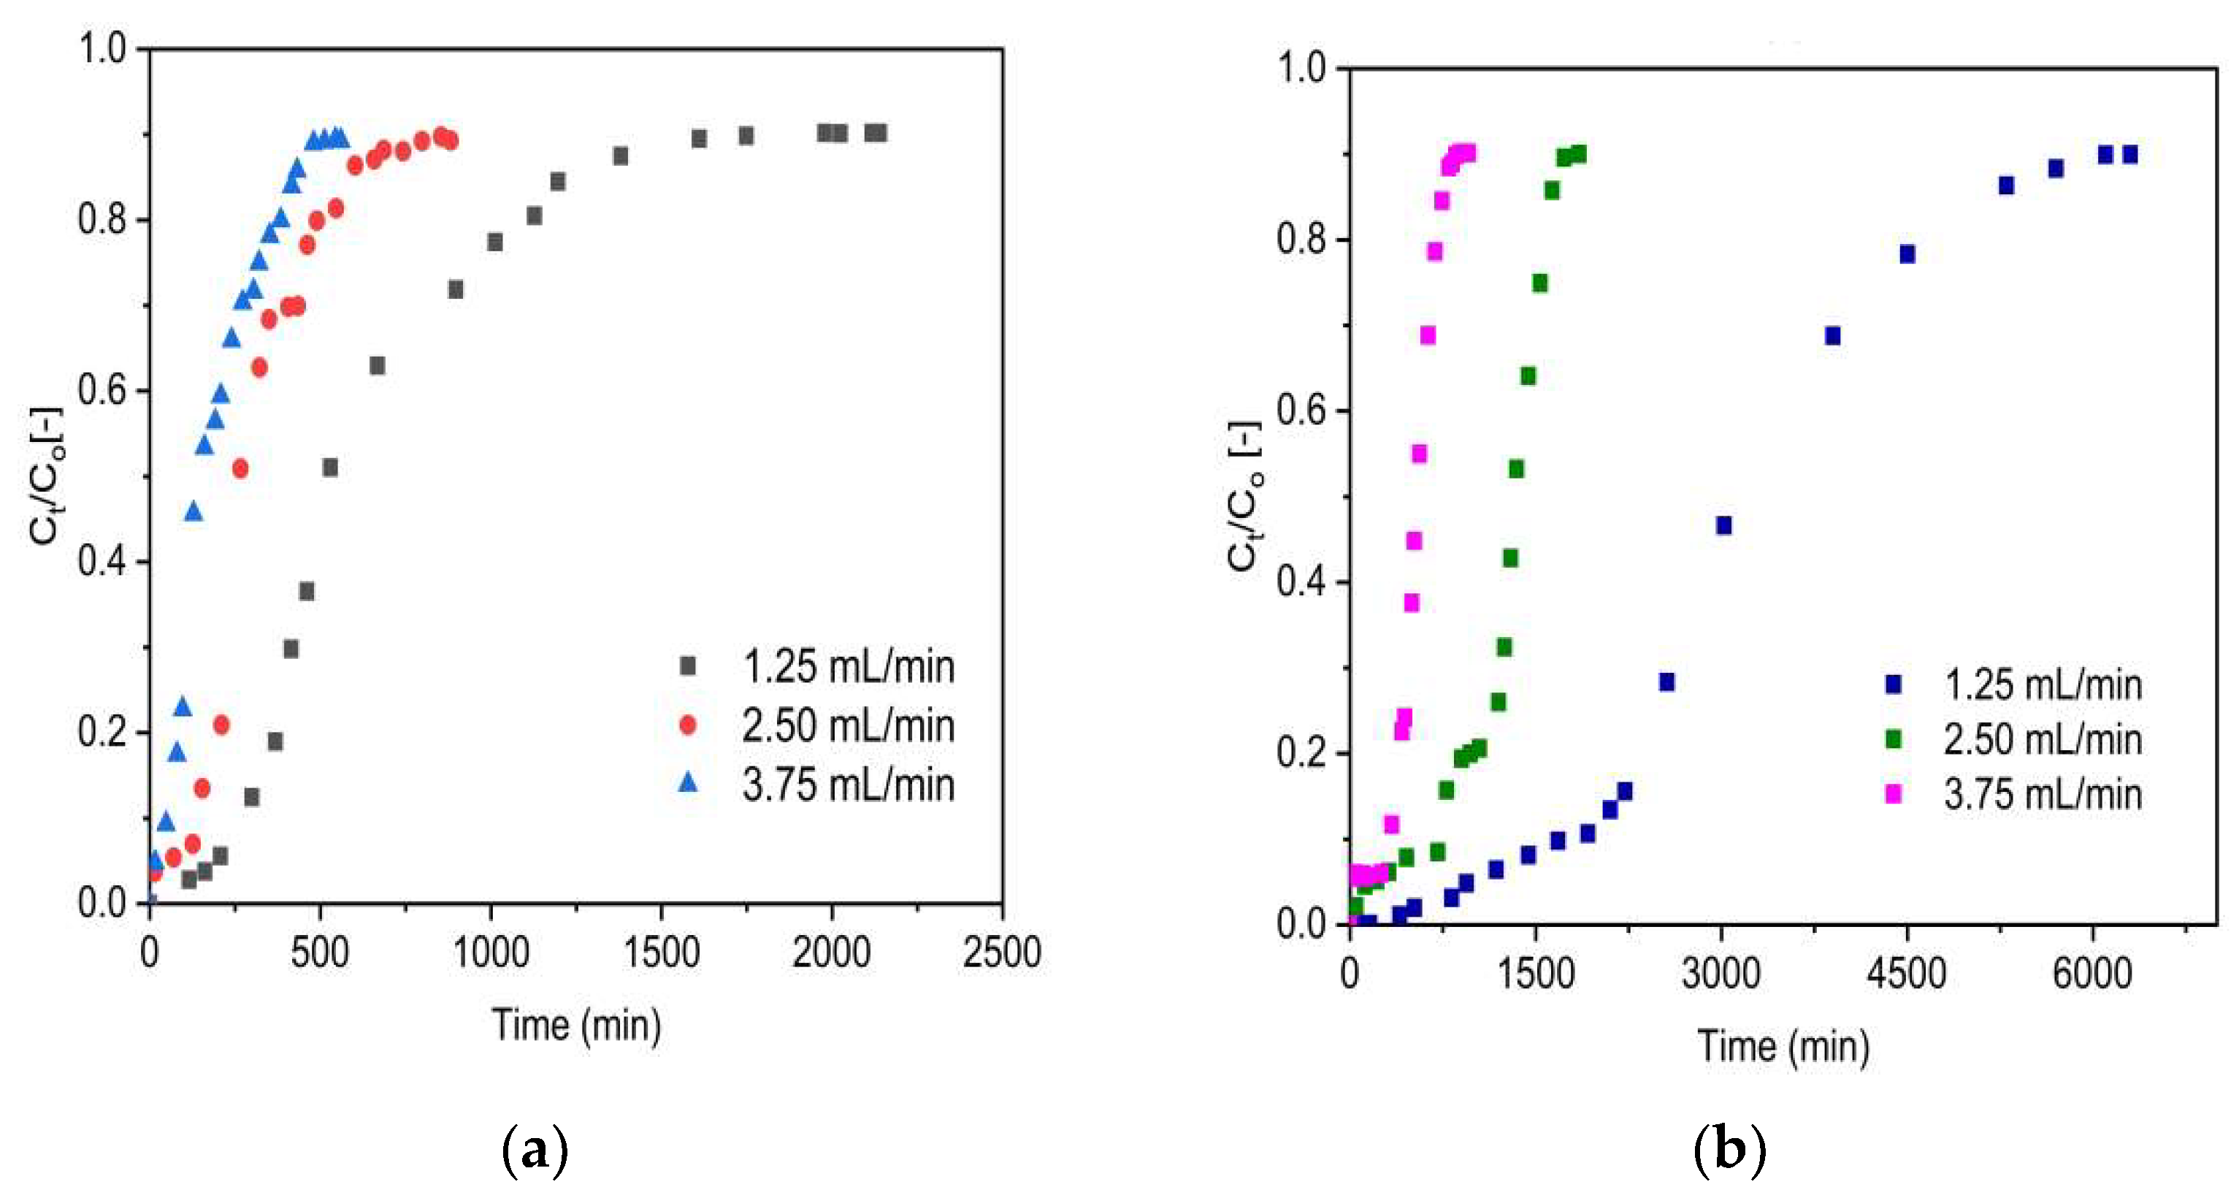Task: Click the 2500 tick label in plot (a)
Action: [1001, 952]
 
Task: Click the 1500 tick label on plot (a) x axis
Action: [661, 952]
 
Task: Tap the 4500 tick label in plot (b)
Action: [1906, 972]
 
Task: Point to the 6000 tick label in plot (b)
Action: [2092, 972]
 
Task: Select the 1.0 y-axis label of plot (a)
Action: [102, 49]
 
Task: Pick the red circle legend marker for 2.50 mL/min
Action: [687, 724]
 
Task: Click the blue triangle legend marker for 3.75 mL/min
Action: [687, 782]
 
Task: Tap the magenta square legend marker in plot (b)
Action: [1893, 794]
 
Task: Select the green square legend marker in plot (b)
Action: [1893, 739]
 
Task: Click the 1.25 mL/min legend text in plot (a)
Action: [849, 667]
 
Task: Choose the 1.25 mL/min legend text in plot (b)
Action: [2043, 685]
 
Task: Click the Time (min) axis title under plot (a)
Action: [576, 1024]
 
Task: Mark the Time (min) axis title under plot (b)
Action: [1783, 1045]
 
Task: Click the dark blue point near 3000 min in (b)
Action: [1723, 525]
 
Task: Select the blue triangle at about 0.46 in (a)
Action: [194, 512]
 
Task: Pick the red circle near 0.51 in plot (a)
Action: [241, 468]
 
